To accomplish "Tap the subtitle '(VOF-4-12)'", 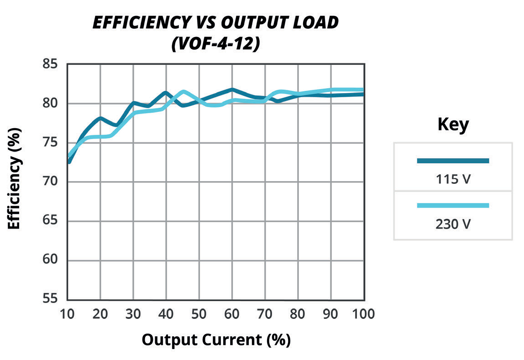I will pyautogui.click(x=215, y=44).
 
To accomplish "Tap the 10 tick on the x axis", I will pyautogui.click(x=68, y=314).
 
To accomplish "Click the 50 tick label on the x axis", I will pyautogui.click(x=199, y=314).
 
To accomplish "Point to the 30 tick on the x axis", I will pyautogui.click(x=133, y=314).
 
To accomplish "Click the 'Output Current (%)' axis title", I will pyautogui.click(x=216, y=340).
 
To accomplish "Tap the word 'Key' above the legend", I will pyautogui.click(x=453, y=125).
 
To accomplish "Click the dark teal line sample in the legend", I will pyautogui.click(x=453, y=161).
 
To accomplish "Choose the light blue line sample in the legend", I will pyautogui.click(x=453, y=205).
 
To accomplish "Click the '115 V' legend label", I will pyautogui.click(x=453, y=179).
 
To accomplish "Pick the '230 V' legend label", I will pyautogui.click(x=453, y=224).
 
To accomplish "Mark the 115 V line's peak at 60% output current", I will pyautogui.click(x=232, y=89).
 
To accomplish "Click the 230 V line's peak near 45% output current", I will pyautogui.click(x=183, y=92).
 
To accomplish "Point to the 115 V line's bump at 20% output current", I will pyautogui.click(x=100, y=118).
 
